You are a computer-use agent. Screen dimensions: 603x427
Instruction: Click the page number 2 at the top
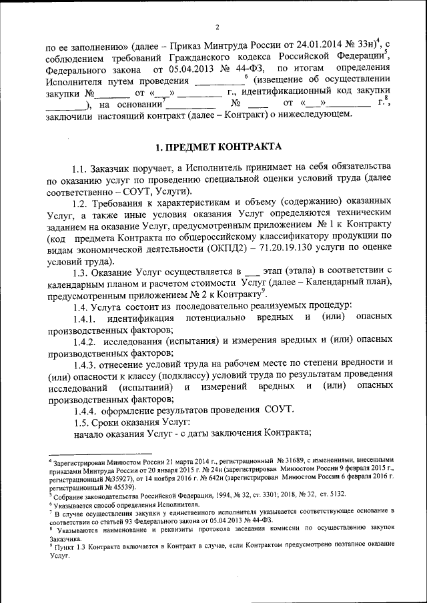218,27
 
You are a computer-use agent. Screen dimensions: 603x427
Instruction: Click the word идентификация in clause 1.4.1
143,317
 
